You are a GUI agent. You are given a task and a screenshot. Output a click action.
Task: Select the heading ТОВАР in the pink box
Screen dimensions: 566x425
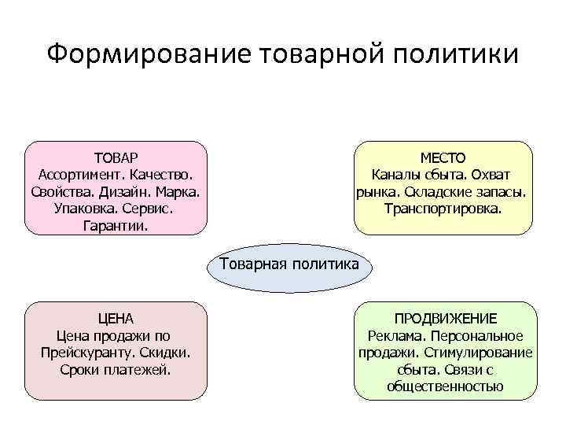(116, 157)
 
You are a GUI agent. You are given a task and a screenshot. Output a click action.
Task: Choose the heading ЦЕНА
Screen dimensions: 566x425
(116, 318)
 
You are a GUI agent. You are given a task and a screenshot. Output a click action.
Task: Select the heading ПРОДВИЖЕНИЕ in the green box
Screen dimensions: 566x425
(445, 318)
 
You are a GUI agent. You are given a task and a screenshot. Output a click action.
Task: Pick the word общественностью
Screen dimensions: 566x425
(445, 387)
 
